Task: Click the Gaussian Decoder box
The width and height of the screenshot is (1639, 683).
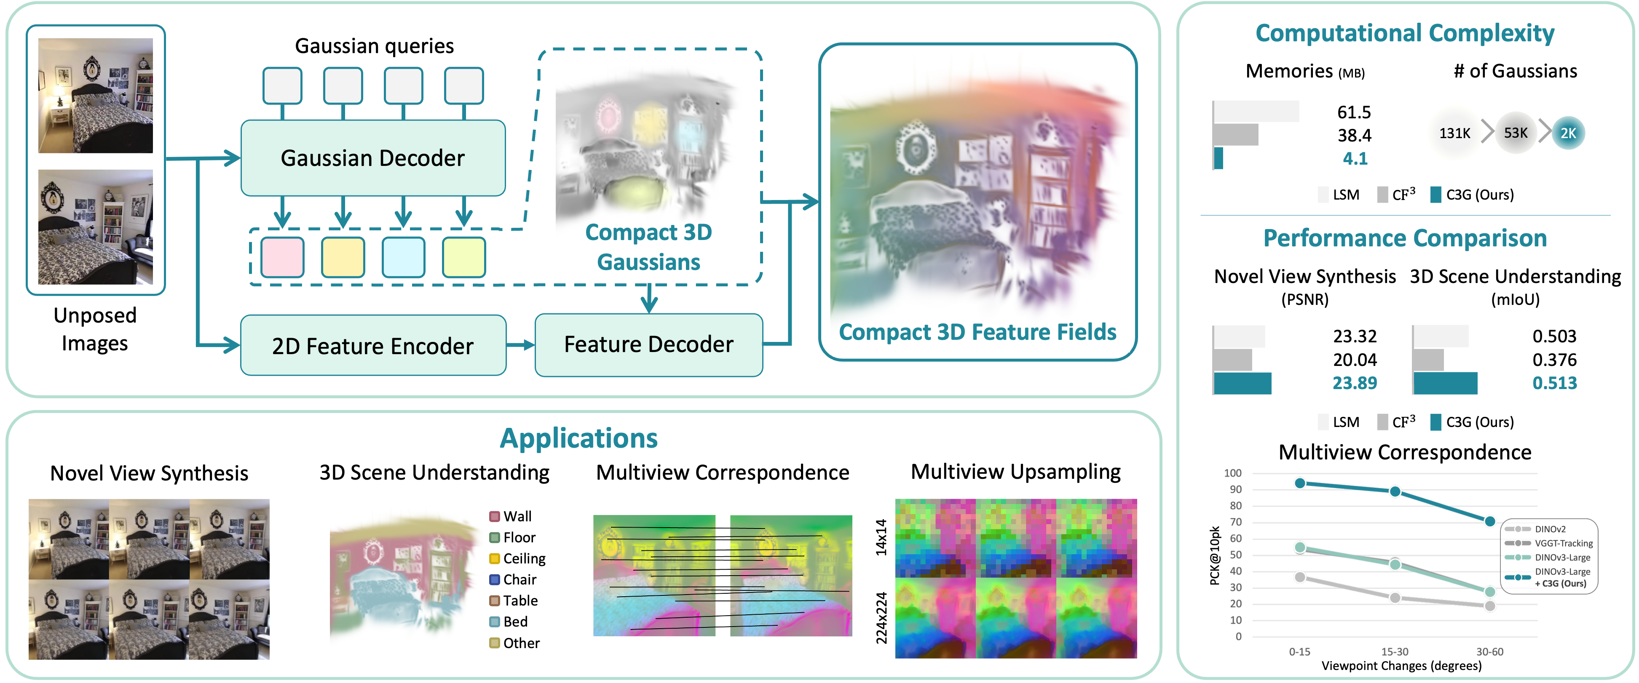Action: point(373,158)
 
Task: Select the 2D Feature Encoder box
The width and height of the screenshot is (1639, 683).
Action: point(373,346)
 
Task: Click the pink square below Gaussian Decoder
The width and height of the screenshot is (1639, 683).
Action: point(282,257)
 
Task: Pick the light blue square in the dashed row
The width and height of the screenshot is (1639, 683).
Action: point(403,257)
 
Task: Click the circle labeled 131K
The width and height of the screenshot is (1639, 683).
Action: point(1454,133)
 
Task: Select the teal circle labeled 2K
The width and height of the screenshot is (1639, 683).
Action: point(1568,133)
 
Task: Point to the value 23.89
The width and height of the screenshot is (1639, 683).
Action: point(1355,383)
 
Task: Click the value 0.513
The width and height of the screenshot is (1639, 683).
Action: point(1554,383)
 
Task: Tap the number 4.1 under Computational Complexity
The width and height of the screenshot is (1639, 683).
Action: point(1355,158)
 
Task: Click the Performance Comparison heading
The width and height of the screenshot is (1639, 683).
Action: point(1405,238)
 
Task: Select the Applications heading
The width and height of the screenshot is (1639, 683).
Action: point(578,438)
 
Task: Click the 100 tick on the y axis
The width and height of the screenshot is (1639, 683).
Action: point(1232,473)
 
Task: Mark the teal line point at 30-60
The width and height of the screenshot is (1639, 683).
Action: point(1489,521)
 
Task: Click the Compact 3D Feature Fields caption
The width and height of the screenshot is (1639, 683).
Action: point(978,332)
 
